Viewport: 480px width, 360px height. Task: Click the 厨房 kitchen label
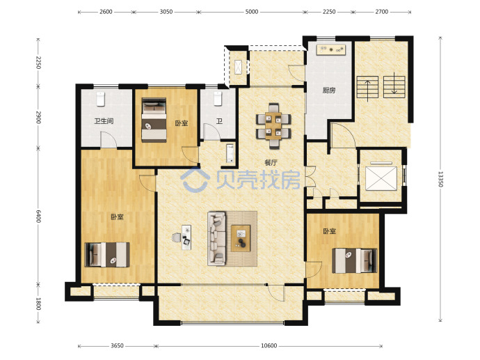coord(329,91)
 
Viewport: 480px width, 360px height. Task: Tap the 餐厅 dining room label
coord(271,162)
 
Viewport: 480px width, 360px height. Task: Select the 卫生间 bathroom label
coord(104,121)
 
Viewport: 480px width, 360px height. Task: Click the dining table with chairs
coord(273,126)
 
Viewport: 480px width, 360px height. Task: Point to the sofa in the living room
coord(217,238)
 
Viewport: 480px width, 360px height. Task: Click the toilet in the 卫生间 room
coord(101,99)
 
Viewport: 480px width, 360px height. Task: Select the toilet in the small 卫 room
coord(218,98)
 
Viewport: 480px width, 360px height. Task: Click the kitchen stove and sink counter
coord(331,49)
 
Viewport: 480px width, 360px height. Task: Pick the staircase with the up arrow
coord(367,87)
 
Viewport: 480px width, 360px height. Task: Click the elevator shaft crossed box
coord(381,178)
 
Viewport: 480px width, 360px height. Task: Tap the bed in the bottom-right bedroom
coord(355,260)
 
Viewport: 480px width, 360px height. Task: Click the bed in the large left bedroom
coord(107,255)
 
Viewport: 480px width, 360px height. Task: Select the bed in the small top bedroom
coord(154,120)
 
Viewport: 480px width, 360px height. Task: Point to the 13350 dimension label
coord(440,179)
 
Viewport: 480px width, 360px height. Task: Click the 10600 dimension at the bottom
coord(269,345)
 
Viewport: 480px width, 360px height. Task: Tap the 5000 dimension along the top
coord(252,12)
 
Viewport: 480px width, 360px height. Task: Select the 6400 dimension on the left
coord(38,217)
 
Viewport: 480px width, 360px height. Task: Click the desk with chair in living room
coord(183,237)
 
